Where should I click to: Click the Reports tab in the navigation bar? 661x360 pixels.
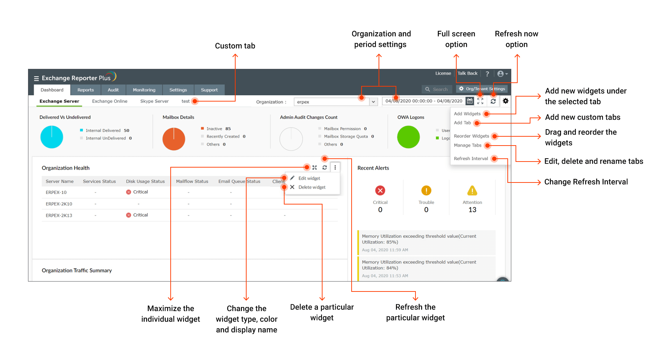[86, 90]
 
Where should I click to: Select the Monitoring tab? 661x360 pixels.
[144, 90]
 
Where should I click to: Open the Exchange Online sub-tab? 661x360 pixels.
[110, 101]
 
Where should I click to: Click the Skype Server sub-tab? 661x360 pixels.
[154, 101]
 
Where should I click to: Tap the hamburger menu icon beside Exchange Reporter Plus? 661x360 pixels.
[36, 78]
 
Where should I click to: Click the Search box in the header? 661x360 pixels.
[437, 89]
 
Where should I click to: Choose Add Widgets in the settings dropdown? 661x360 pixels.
[467, 114]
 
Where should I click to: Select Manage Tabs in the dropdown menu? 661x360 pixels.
[467, 145]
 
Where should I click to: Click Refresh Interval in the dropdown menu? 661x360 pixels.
[470, 158]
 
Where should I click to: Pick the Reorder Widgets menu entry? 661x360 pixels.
[471, 136]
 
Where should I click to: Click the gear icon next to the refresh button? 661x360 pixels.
[506, 101]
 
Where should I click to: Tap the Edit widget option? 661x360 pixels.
[309, 178]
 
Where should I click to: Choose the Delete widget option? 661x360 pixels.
[312, 187]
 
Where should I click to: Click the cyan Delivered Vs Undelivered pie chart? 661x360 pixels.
[52, 137]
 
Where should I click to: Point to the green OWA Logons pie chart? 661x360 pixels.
[408, 137]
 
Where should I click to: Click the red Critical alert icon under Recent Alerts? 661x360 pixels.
[380, 191]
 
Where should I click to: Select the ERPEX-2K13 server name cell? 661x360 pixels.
[59, 216]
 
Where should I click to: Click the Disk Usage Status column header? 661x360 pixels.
[145, 181]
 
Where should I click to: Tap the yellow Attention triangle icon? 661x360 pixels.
[472, 191]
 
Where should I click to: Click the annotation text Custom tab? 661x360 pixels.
[235, 46]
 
